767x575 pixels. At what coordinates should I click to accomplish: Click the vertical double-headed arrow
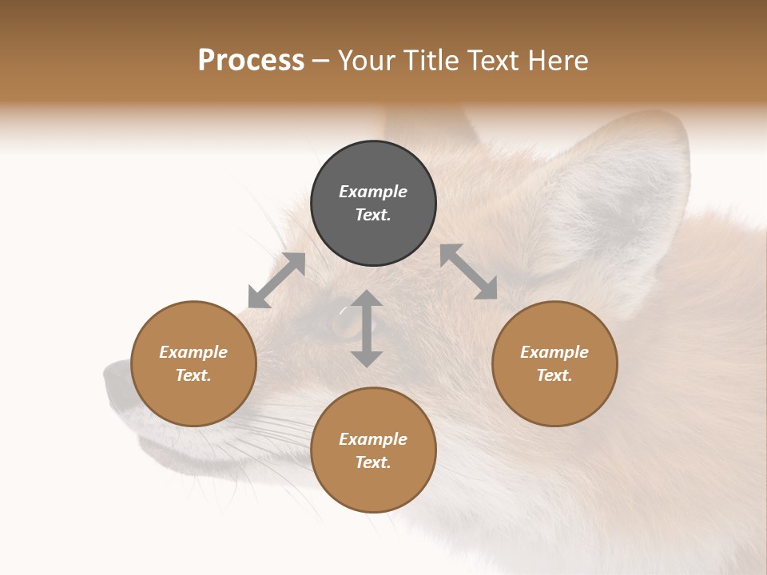point(367,328)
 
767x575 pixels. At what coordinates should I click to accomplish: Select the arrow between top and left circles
point(276,280)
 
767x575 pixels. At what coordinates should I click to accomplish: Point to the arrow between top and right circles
point(468,272)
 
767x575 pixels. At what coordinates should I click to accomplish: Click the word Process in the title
point(251,61)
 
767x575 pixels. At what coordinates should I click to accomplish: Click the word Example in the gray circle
point(373,192)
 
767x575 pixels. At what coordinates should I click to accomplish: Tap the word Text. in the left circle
point(193,375)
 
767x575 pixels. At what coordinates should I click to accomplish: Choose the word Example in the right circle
point(554,352)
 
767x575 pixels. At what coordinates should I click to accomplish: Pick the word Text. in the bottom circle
point(373,462)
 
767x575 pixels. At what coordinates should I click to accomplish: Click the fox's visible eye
point(345,322)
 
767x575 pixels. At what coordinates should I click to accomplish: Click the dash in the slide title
point(321,61)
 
